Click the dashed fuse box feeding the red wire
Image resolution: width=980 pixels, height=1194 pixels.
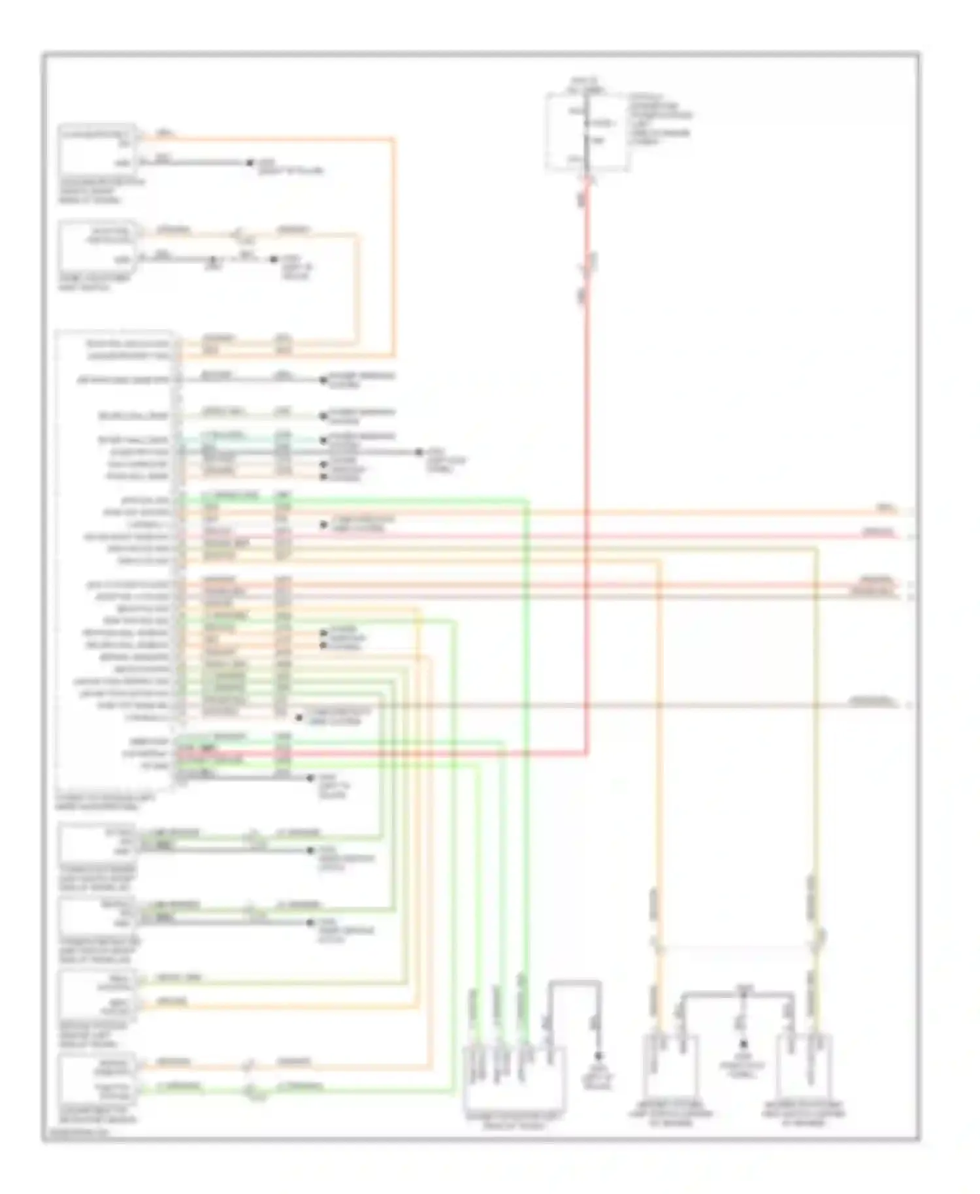pos(587,133)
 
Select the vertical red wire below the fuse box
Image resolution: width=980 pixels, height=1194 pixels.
pos(586,457)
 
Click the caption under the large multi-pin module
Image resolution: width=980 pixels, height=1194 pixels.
pos(99,801)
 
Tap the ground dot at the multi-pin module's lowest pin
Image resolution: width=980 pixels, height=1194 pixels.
pos(310,777)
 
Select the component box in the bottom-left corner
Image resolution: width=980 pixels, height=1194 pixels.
pos(97,1078)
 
